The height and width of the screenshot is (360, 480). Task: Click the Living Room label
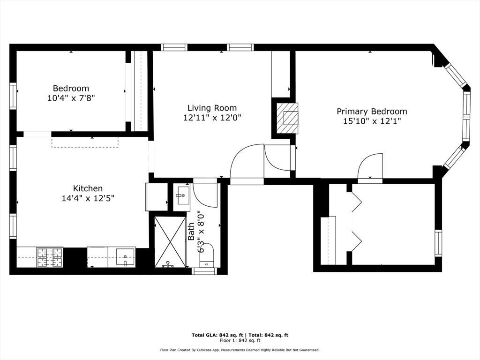pyautogui.click(x=212, y=108)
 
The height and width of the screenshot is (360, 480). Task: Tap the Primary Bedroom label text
pyautogui.click(x=372, y=111)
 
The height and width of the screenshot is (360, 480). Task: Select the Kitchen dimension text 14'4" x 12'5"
pyautogui.click(x=88, y=198)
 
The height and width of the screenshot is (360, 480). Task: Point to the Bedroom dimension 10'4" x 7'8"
pyautogui.click(x=71, y=98)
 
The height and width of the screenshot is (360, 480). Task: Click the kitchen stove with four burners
pyautogui.click(x=50, y=257)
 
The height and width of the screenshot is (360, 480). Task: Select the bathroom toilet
pyautogui.click(x=207, y=255)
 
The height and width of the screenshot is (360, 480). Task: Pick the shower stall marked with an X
pyautogui.click(x=170, y=242)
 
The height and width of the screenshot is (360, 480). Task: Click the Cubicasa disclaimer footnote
pyautogui.click(x=240, y=350)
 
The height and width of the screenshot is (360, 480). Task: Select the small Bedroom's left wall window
pyautogui.click(x=13, y=96)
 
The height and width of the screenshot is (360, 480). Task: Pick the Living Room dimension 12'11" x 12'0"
pyautogui.click(x=212, y=118)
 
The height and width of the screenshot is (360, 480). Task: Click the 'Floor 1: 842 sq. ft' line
pyautogui.click(x=240, y=341)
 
